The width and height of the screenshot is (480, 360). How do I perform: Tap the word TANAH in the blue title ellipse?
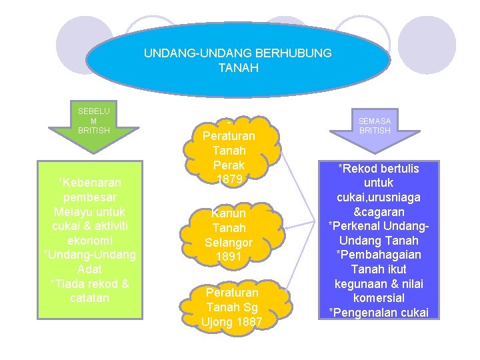coord(238,67)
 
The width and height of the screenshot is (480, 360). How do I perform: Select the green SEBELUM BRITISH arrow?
coord(94,123)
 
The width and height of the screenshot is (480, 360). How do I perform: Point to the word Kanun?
coord(228,214)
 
